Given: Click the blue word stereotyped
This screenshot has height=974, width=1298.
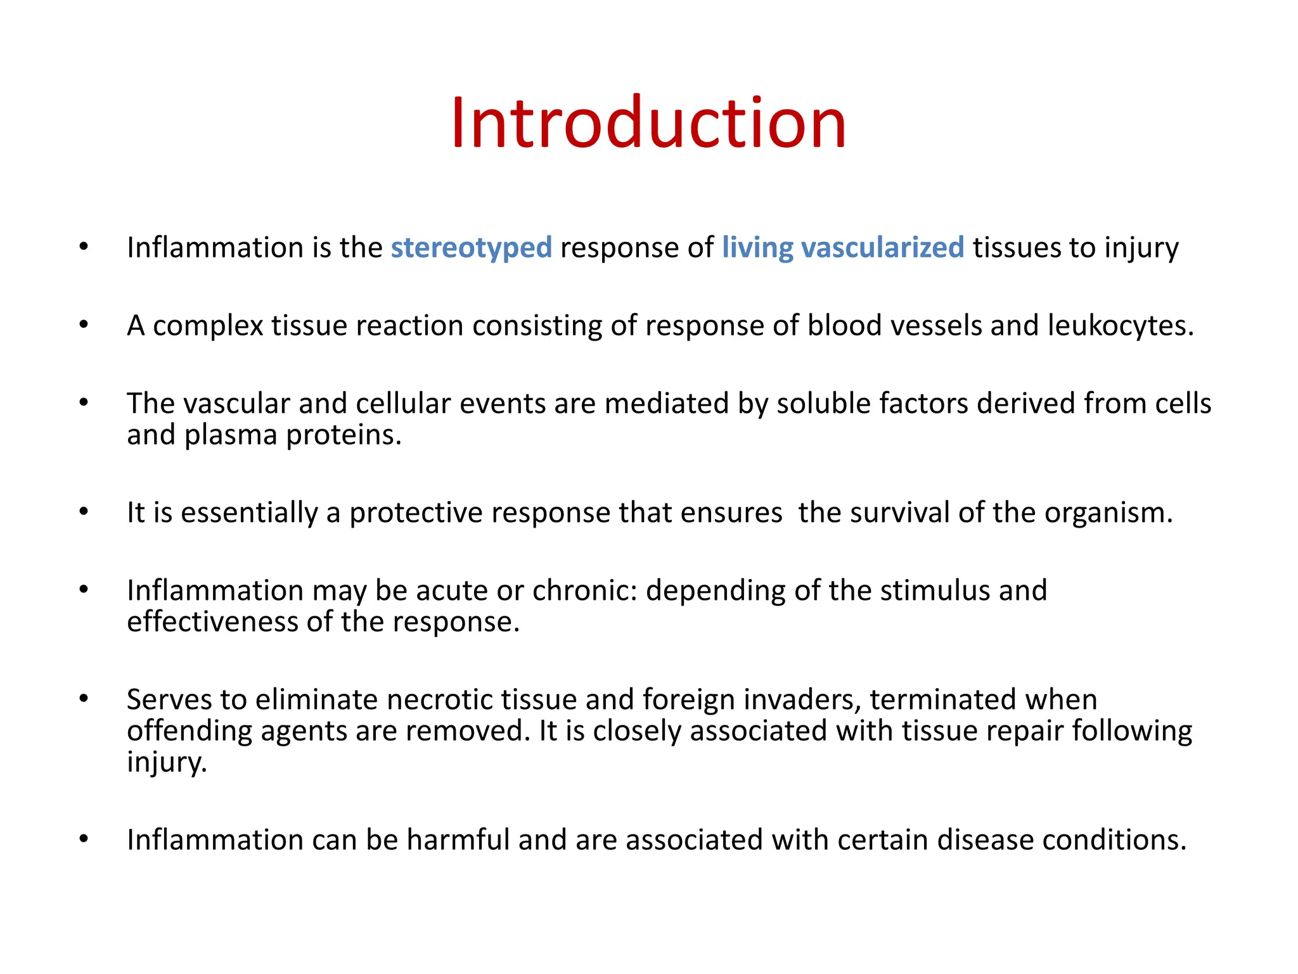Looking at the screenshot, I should click(x=471, y=248).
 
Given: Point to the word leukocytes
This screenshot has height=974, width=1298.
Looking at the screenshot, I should click(x=1121, y=326).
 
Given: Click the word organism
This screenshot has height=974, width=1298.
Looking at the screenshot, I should click(x=1108, y=513).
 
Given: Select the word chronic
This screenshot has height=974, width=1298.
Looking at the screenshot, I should click(x=584, y=591).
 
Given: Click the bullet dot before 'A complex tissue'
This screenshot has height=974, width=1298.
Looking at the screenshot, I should click(x=84, y=325).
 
